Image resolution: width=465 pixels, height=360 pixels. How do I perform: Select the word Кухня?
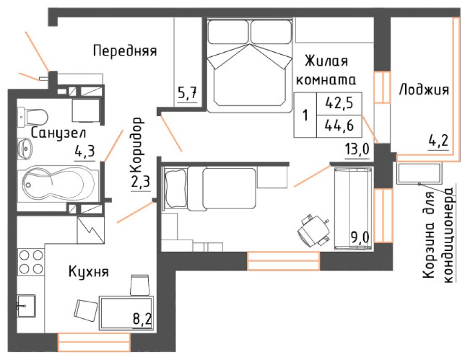click(x=88, y=272)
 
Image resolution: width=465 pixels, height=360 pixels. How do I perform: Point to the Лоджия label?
click(x=424, y=90)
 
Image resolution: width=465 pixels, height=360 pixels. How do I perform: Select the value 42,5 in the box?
click(x=339, y=102)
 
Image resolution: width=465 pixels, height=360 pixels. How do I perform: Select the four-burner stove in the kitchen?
click(x=30, y=261)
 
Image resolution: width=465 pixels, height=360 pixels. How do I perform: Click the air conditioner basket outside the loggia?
click(x=419, y=174)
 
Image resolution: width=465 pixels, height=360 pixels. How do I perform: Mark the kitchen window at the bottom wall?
click(x=94, y=342)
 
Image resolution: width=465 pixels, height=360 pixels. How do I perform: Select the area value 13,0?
click(x=357, y=150)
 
